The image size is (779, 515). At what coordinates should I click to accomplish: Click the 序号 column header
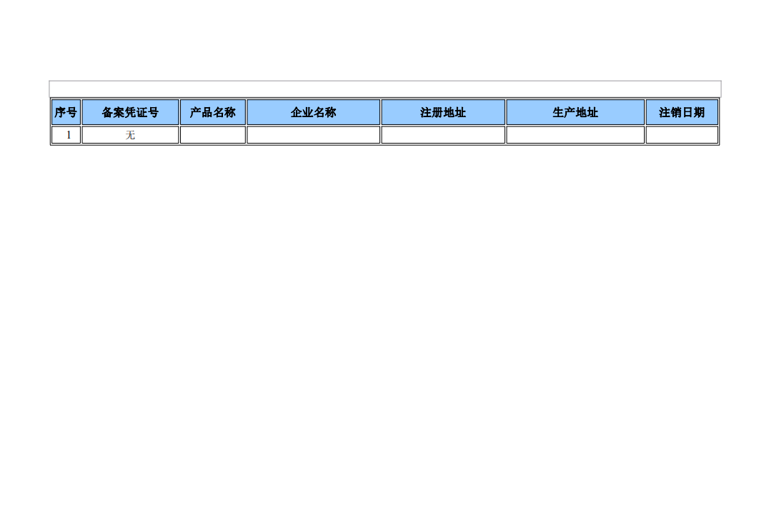66,112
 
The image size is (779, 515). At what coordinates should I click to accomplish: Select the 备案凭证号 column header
130,112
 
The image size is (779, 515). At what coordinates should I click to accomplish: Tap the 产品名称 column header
213,112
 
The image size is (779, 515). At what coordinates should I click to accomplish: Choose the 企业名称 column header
314,112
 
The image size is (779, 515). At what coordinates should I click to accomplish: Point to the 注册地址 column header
443,112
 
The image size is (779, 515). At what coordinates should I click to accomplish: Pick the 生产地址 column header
575,112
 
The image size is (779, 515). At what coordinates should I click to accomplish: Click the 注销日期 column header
682,112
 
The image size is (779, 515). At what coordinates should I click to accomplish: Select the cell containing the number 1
66,135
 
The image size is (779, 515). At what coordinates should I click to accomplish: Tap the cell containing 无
130,135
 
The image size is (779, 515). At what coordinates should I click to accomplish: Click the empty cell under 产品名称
213,135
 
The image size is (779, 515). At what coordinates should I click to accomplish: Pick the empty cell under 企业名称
314,135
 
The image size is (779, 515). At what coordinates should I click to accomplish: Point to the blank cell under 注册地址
443,135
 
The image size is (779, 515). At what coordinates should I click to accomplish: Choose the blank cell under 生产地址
575,135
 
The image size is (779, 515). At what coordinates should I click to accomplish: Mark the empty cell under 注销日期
682,135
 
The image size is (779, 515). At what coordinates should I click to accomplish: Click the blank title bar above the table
385,89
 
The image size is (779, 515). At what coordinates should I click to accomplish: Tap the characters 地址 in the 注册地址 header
455,113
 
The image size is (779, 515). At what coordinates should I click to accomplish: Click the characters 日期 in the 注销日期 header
693,113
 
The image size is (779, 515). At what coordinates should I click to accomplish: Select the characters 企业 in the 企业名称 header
302,113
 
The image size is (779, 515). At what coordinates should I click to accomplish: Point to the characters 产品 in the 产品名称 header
202,113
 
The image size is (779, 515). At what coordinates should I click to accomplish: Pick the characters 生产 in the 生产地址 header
564,113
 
